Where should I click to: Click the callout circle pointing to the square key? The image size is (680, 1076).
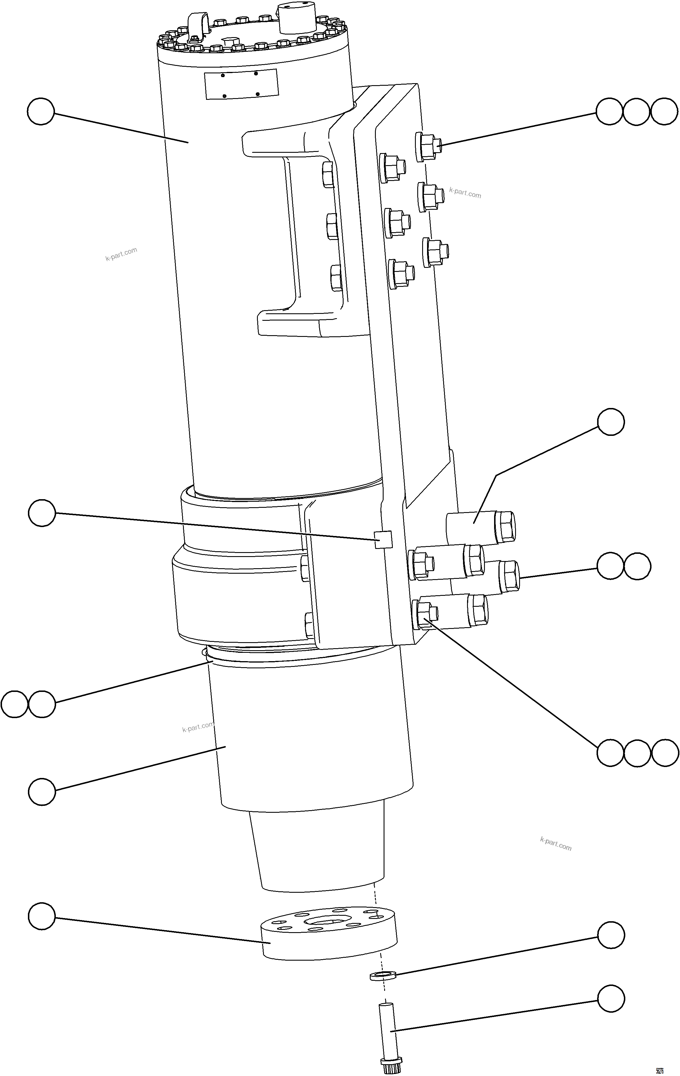click(41, 513)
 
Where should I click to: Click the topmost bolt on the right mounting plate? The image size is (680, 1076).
click(428, 145)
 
